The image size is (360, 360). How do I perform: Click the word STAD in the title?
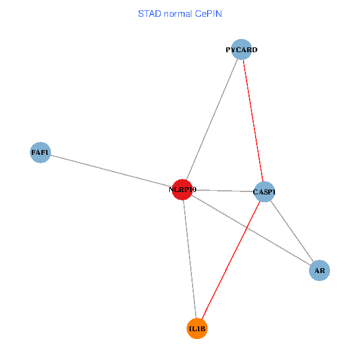click(148, 13)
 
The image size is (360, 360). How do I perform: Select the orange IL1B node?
click(197, 329)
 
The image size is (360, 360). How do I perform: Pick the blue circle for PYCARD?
click(241, 49)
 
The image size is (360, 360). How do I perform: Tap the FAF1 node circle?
click(40, 152)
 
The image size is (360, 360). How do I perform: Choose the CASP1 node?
click(264, 192)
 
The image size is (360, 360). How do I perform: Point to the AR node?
click(320, 271)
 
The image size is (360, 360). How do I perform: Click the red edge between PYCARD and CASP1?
click(253, 120)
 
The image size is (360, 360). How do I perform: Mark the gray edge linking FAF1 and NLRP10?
click(111, 171)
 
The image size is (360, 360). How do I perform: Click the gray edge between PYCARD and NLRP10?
click(211, 119)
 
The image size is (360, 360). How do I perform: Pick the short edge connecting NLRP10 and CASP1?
click(223, 191)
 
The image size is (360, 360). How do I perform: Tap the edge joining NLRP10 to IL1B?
click(190, 259)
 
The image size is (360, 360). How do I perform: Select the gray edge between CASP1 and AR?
click(292, 231)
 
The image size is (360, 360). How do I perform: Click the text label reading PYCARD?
click(241, 50)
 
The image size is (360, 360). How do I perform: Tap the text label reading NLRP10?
click(182, 190)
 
